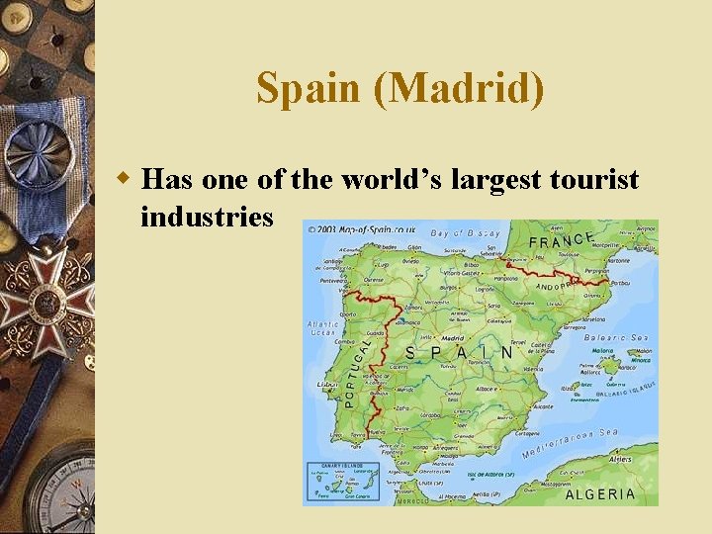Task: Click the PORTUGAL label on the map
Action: coord(360,371)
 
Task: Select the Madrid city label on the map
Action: coord(453,337)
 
